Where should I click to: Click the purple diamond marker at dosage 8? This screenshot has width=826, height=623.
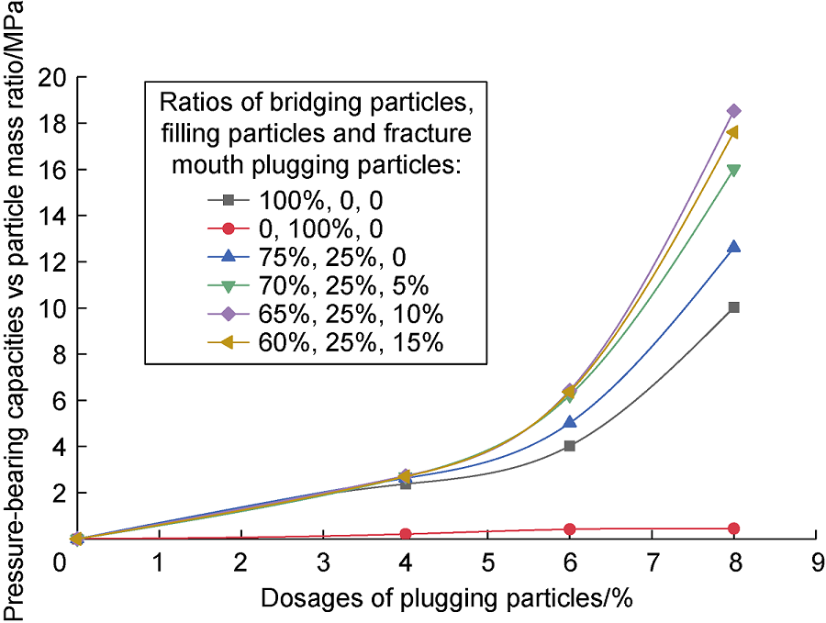tap(733, 111)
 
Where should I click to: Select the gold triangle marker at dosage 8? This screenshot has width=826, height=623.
tap(732, 132)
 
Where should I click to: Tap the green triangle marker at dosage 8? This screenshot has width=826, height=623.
tap(733, 170)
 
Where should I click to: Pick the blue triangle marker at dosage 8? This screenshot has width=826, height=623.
tap(733, 247)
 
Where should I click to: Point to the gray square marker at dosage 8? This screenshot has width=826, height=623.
tap(733, 307)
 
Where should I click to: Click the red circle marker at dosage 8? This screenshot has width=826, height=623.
tap(733, 528)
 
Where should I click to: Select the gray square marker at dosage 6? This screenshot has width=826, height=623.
tap(569, 446)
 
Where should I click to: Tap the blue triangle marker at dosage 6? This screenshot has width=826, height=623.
tap(569, 422)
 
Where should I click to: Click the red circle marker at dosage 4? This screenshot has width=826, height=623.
tap(405, 534)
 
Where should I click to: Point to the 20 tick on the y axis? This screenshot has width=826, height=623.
tap(57, 77)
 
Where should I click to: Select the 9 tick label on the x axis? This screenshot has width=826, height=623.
tap(815, 561)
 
